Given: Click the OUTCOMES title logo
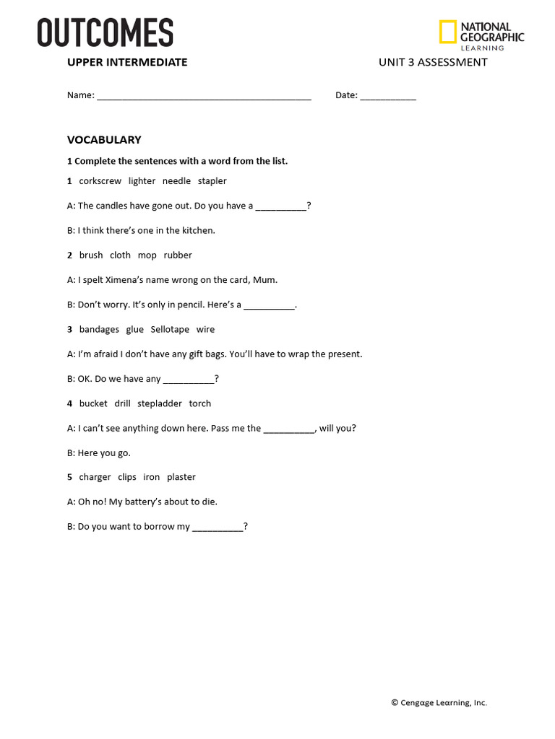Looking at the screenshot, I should tap(106, 33).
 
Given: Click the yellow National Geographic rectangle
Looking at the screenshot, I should tap(447, 32).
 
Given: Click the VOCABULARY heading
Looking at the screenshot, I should tap(104, 140).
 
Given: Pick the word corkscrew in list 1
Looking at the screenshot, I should tap(100, 181).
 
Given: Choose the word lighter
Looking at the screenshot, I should tap(142, 181).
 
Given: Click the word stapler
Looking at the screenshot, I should tap(212, 181).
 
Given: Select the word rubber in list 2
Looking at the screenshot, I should tap(178, 255).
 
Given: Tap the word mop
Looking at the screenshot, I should tap(147, 255).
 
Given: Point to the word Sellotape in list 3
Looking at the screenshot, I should tap(170, 330).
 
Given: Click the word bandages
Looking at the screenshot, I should tap(99, 330).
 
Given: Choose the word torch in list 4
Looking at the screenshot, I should tap(200, 403).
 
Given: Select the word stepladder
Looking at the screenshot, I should tap(160, 403).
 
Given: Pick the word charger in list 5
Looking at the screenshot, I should tap(95, 477).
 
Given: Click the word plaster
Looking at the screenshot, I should tap(181, 477).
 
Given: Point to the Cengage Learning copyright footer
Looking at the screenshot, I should tap(439, 703).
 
